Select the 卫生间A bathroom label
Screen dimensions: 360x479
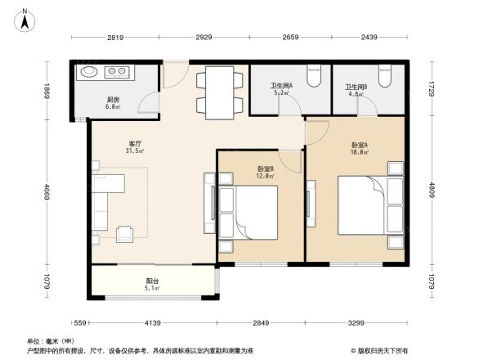pos(283,84)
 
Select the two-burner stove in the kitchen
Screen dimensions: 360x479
pos(119,72)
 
